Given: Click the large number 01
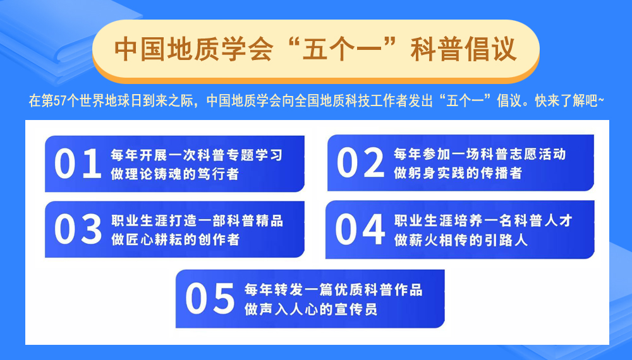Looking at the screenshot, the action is [x=78, y=163].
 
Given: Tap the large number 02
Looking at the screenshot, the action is [x=360, y=162].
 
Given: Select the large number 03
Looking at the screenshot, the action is [x=78, y=229].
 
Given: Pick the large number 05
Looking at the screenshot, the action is [x=210, y=298].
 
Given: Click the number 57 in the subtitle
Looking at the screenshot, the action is [x=60, y=100].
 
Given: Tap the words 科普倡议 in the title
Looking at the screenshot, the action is [x=463, y=49].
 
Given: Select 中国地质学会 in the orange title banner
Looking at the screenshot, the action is [x=194, y=49].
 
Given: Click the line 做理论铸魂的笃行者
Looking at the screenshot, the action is [x=175, y=174].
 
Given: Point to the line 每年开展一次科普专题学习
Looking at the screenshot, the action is [x=197, y=155].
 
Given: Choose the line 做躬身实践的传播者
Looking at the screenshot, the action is [x=458, y=173].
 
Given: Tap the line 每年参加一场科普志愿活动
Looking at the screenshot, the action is [x=480, y=154].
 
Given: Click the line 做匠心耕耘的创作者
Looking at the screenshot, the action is [x=175, y=240].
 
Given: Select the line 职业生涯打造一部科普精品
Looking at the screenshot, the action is [x=197, y=221].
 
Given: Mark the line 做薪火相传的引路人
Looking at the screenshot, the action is [x=461, y=241].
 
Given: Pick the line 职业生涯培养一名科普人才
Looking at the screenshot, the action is [x=483, y=221].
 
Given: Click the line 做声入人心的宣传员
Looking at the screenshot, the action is [x=311, y=309].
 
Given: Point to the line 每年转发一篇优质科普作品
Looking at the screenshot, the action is [x=333, y=290].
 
